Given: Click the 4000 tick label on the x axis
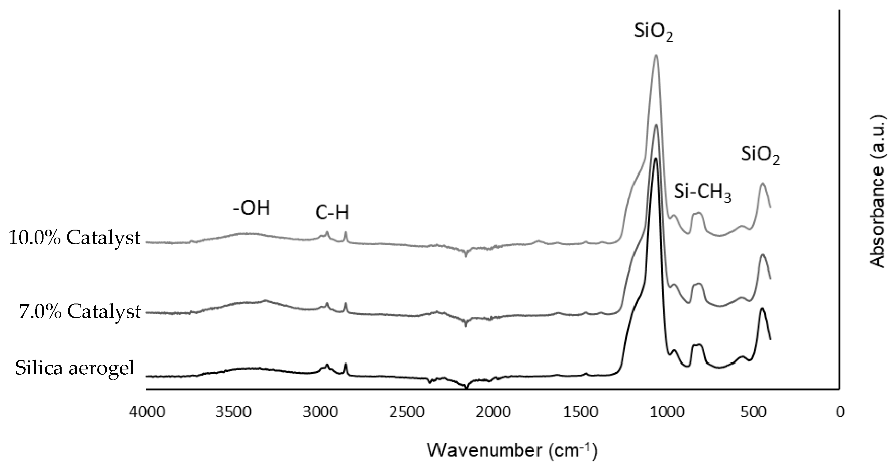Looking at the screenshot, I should tap(146, 412).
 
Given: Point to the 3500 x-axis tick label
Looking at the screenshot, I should tap(233, 412).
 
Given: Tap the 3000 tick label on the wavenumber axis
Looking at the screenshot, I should tap(320, 412).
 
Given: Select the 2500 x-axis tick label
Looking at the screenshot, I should tap(406, 412).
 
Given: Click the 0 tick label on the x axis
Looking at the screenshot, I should tap(840, 412).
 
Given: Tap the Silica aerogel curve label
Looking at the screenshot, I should tap(74, 368).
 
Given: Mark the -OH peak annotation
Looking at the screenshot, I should tap(252, 208).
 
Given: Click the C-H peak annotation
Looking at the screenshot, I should tap(332, 213).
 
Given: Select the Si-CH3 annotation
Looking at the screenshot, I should tap(703, 192).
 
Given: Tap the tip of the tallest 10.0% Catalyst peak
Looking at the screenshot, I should tap(656, 55).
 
